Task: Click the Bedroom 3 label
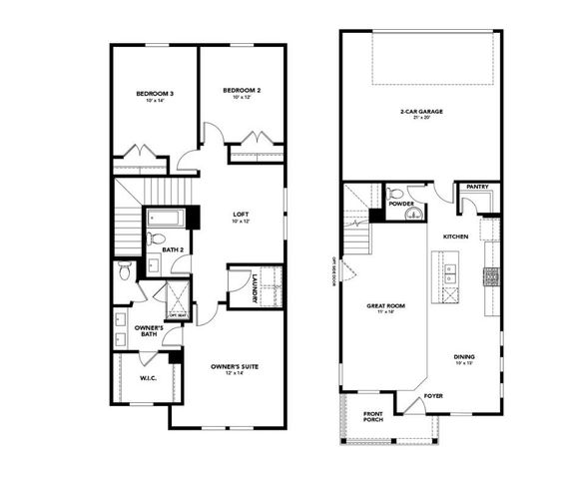pyautogui.click(x=155, y=96)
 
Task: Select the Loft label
pyautogui.click(x=241, y=214)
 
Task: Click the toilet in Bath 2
pyautogui.click(x=156, y=239)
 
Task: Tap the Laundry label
pyautogui.click(x=256, y=285)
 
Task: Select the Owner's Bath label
pyautogui.click(x=150, y=330)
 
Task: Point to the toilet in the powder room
pyautogui.click(x=395, y=194)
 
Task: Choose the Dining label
pyautogui.click(x=463, y=357)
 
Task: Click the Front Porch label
pyautogui.click(x=372, y=416)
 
